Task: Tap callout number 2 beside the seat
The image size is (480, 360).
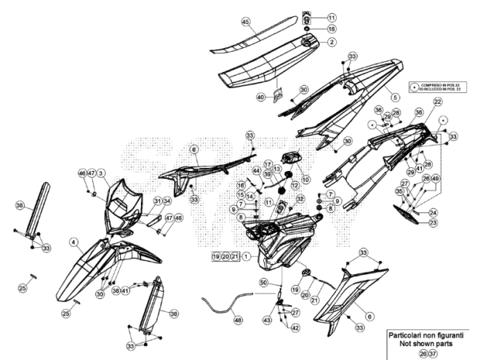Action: point(332,42)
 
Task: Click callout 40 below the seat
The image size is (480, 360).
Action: point(260,97)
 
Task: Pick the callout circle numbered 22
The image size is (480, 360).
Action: point(438,102)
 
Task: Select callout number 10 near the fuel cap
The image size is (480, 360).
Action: point(305,179)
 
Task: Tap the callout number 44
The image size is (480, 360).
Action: point(257,169)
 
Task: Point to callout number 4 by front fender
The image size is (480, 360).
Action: point(73,241)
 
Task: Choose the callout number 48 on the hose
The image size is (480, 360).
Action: point(237,319)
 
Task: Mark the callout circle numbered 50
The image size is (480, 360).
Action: point(264,281)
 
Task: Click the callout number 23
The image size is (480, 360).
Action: point(433,223)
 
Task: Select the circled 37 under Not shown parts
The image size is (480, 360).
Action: point(434,353)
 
